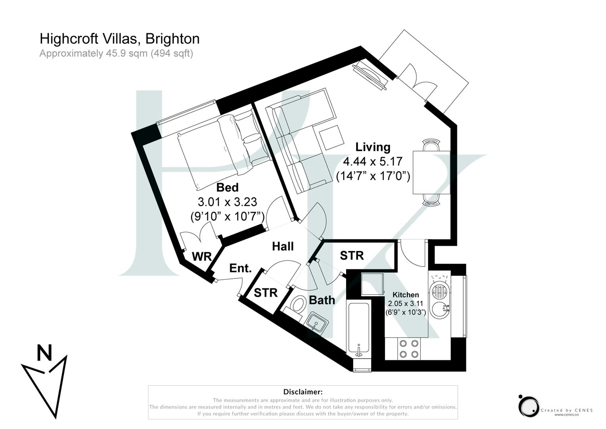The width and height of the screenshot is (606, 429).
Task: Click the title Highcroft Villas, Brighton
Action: [x=119, y=39]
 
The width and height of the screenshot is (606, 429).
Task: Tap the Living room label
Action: [x=372, y=147]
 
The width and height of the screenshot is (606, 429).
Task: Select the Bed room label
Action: [x=227, y=187]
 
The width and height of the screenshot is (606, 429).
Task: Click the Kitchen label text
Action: [x=405, y=295]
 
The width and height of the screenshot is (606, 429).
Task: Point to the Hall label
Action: [x=283, y=246]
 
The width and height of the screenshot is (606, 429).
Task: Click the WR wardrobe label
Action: [x=201, y=257]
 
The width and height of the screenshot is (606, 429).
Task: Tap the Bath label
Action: [x=321, y=300]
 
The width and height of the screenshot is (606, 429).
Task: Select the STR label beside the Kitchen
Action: [x=352, y=255]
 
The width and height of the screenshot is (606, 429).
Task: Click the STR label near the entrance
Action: [x=265, y=293]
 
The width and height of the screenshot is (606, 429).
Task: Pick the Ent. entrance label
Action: [x=240, y=268]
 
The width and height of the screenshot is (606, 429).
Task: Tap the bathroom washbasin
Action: [x=316, y=322]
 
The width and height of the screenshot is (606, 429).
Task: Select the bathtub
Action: [x=359, y=329]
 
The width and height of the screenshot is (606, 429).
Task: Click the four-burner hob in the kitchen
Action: [x=409, y=349]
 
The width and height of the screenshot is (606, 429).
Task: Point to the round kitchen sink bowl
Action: [x=440, y=309]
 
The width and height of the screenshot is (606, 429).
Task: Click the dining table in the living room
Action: [x=431, y=172]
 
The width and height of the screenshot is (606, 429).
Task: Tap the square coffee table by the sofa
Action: [x=331, y=137]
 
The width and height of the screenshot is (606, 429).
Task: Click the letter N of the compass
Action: [x=45, y=353]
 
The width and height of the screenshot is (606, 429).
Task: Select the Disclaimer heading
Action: [x=303, y=392]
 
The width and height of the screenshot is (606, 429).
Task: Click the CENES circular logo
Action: [x=529, y=406]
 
